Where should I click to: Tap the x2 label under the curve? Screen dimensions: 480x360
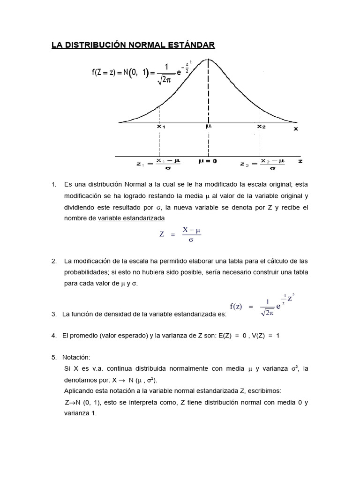pos(261,127)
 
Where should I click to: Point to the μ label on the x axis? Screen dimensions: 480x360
pos(208,127)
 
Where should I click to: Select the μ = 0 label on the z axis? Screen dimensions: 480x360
pos(208,161)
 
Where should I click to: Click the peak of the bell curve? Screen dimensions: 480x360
pos(209,59)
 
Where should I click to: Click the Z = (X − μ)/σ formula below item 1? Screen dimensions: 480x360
pos(180,234)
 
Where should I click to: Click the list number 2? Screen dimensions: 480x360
pos(54,261)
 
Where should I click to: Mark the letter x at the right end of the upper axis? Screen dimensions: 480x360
pos(296,128)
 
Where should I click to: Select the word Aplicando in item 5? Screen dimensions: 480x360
pos(79,391)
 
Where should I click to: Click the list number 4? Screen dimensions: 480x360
pos(54,336)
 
